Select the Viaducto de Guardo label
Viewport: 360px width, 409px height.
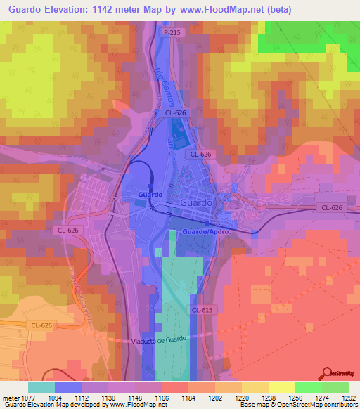point(159,341)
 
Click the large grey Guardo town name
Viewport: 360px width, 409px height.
point(195,202)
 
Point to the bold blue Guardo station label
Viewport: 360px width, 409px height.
point(150,194)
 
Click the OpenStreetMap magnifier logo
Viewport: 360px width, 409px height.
point(326,374)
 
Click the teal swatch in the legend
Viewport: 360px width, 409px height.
point(41,387)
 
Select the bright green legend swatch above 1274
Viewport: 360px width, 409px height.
point(309,387)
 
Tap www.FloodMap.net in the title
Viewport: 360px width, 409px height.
point(224,10)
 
